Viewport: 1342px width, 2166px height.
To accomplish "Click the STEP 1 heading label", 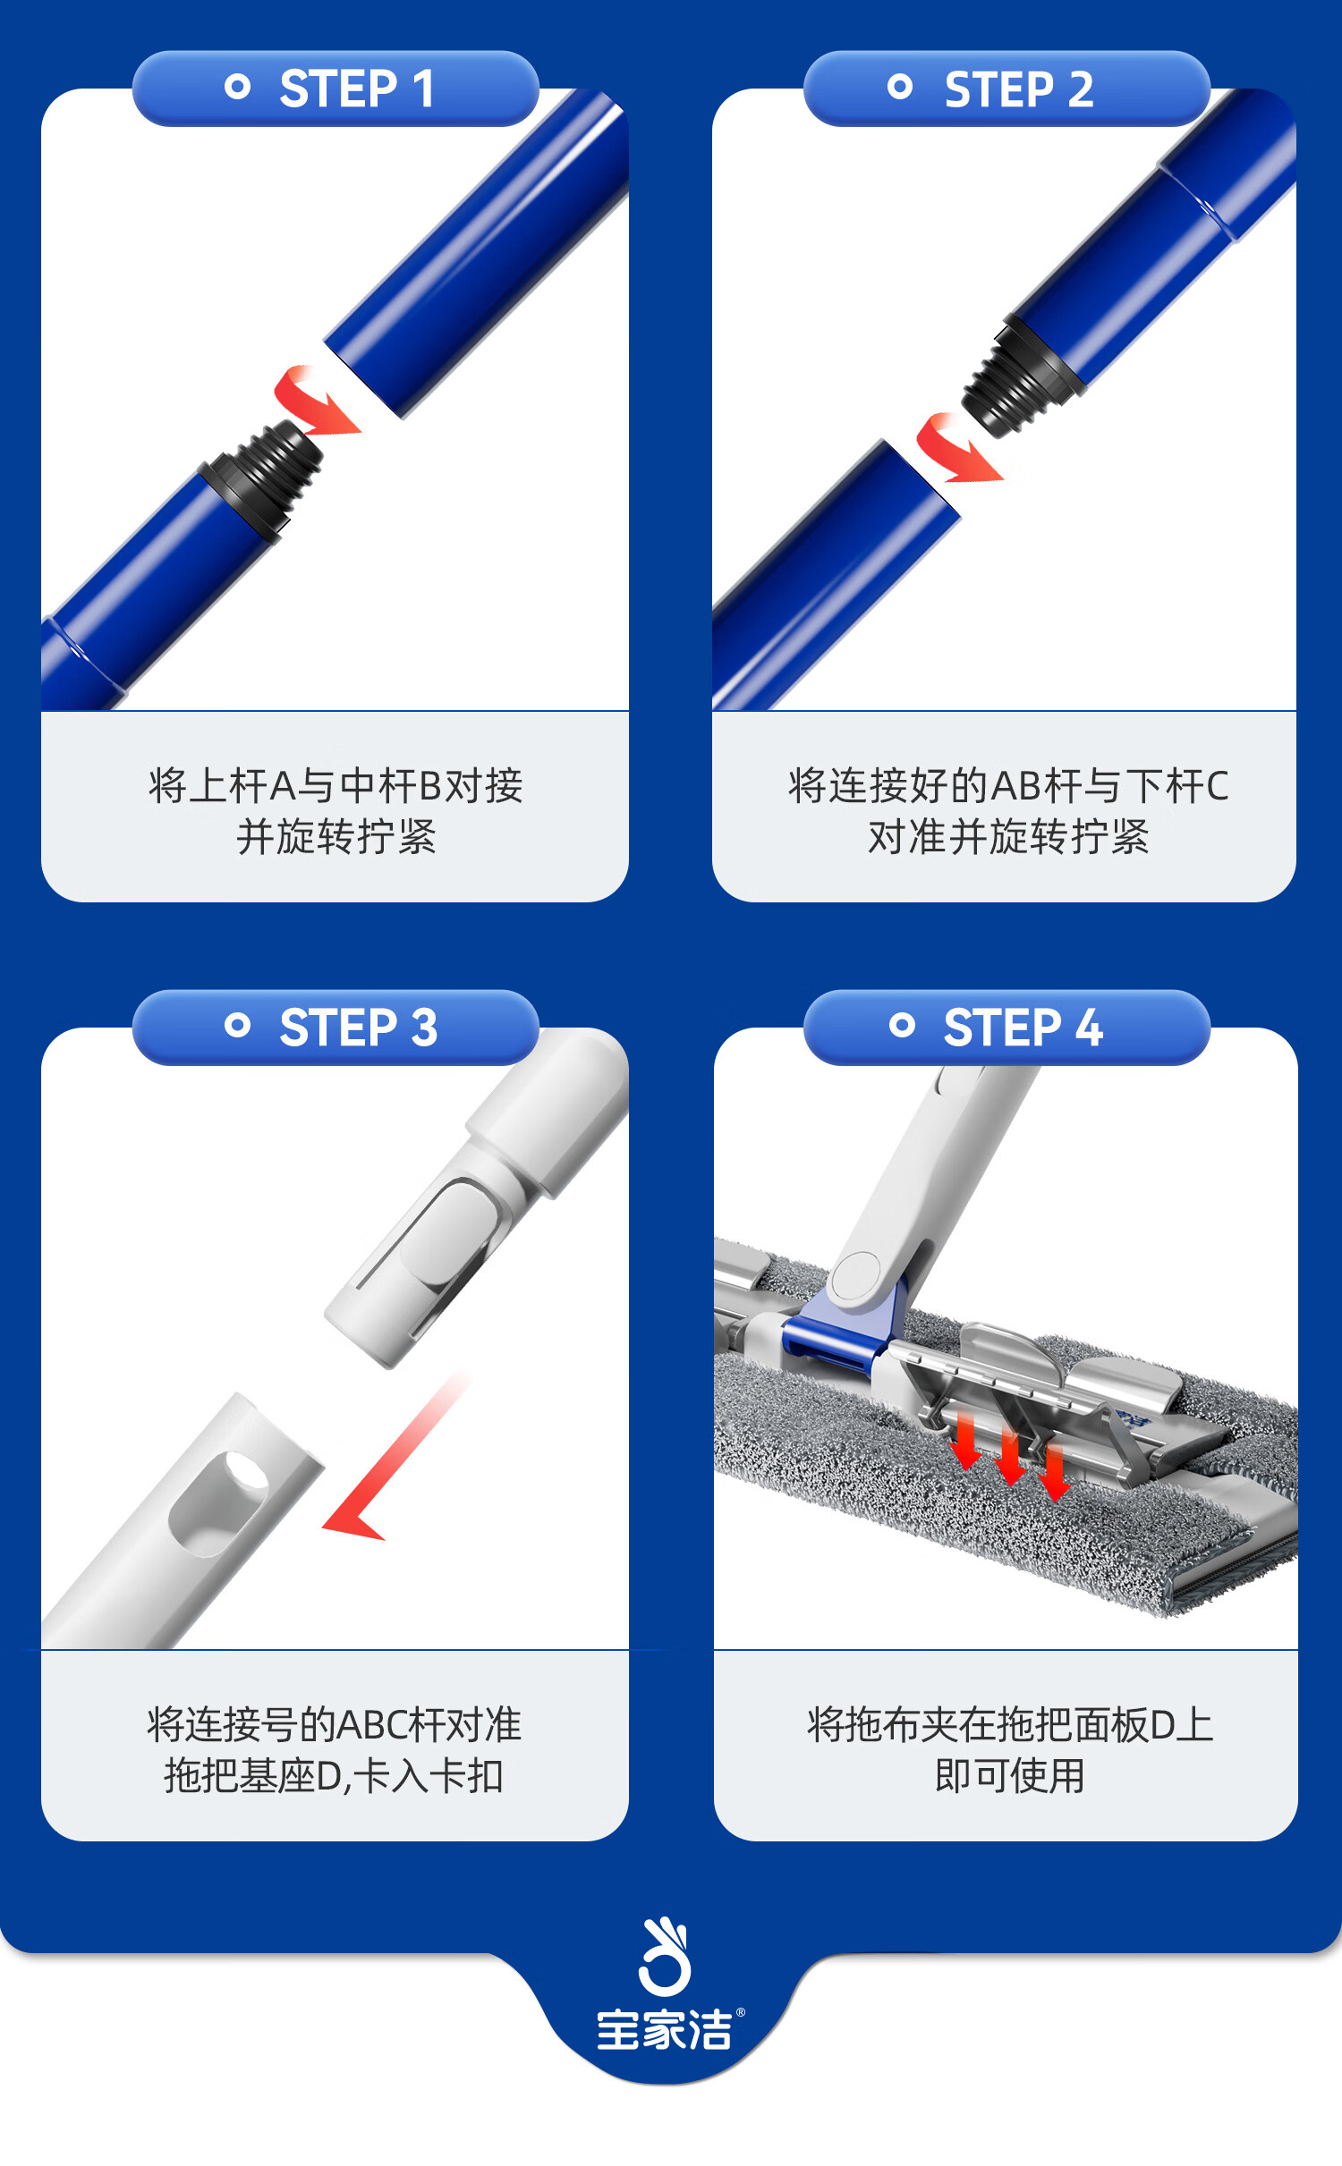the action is click(x=357, y=89).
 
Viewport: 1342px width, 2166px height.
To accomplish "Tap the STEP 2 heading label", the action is click(x=1019, y=89).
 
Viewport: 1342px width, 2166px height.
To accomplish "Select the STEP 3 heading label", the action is click(x=359, y=1027).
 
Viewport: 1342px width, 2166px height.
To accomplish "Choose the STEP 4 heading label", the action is click(x=1023, y=1027).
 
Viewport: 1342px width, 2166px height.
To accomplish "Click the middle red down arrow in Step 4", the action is click(x=1010, y=1457).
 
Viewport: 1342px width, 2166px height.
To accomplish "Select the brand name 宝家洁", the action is click(x=665, y=2030).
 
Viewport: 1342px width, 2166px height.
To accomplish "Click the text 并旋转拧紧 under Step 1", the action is click(x=336, y=837).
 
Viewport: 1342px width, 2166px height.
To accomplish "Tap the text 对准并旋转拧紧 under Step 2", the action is click(x=1008, y=837).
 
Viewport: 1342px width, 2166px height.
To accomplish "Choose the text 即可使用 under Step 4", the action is click(x=1010, y=1775).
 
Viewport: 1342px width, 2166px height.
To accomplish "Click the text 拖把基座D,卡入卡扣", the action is click(x=334, y=1776).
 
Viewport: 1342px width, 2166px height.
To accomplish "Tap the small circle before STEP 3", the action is click(x=237, y=1025).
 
